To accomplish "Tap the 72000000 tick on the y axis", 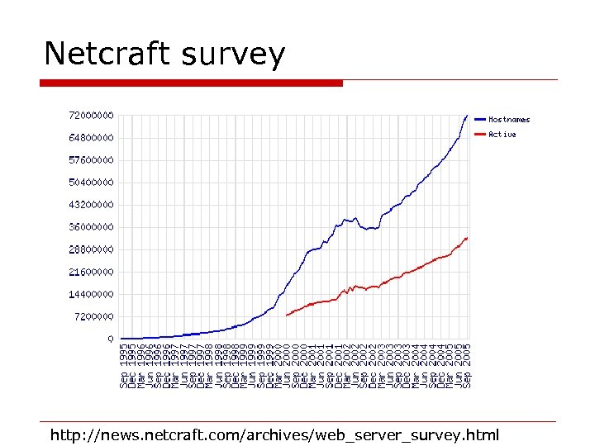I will click(90, 115).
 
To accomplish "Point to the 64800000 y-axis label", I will click(90, 137).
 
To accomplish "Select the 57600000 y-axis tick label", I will click(90, 159).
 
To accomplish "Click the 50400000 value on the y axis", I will click(90, 182).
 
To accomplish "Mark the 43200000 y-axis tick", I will click(90, 204).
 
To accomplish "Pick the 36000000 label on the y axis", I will click(90, 226).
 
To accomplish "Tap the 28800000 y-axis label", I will click(90, 249).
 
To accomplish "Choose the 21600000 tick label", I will click(90, 272).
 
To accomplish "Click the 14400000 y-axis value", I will click(90, 294).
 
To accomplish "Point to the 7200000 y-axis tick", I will click(93, 316).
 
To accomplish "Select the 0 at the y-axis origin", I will click(111, 339).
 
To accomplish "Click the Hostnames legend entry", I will click(509, 120).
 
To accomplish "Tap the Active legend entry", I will click(502, 135).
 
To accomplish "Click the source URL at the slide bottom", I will click(274, 434).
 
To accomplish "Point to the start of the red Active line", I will click(287, 316).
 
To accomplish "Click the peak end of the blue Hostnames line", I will click(467, 116).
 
